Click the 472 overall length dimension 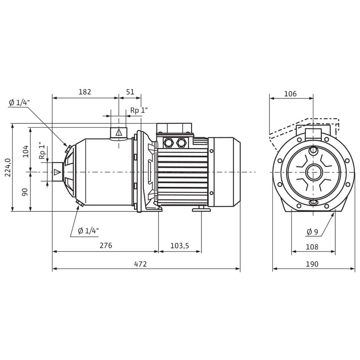(x=140, y=264)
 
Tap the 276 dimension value (x=106, y=246)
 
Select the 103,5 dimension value (x=180, y=246)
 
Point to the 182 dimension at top (x=85, y=92)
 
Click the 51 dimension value (x=130, y=92)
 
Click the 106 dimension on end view (x=290, y=94)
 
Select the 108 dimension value (x=312, y=247)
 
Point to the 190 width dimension (x=312, y=264)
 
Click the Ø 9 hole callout (x=312, y=232)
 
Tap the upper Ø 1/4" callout (x=19, y=103)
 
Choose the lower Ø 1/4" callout (x=88, y=231)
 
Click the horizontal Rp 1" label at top (x=139, y=111)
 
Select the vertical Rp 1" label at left (x=42, y=152)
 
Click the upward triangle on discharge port (x=118, y=133)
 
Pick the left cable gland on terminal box (x=168, y=143)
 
